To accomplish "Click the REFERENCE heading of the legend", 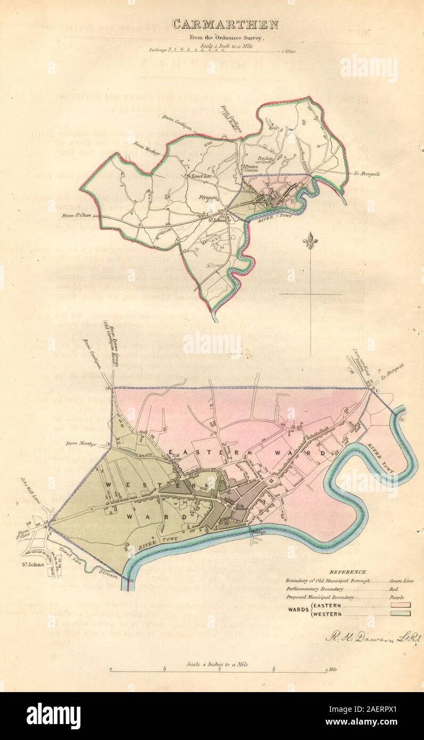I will click(x=347, y=571).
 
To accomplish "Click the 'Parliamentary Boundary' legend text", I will click(x=313, y=589).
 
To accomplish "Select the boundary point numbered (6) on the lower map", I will click(x=403, y=420).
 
